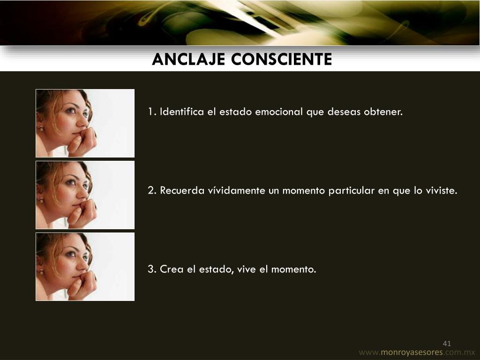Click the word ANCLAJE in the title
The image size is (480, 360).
[188, 60]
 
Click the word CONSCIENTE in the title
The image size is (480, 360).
[282, 60]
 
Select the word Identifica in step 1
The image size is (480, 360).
[182, 112]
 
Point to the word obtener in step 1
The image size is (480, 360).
[383, 112]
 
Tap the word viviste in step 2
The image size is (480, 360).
[442, 190]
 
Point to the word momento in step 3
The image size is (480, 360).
[293, 270]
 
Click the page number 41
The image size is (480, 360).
[447, 344]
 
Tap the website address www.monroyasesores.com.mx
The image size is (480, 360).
[417, 352]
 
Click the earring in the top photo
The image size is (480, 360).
[41, 128]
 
